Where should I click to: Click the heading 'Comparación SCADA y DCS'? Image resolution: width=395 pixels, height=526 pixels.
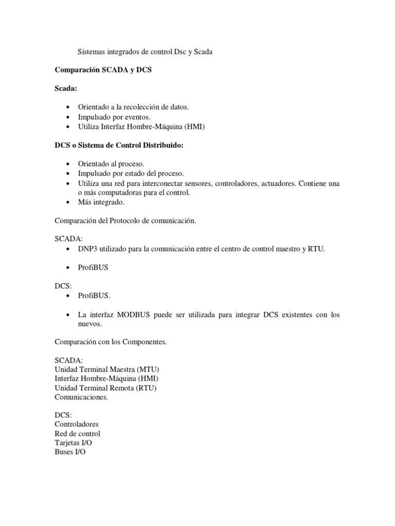[x=103, y=70]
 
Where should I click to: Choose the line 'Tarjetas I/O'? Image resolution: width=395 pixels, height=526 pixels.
[x=74, y=442]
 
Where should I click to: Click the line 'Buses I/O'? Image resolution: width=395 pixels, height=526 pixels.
[x=70, y=452]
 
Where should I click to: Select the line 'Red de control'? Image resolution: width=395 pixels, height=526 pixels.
[x=77, y=433]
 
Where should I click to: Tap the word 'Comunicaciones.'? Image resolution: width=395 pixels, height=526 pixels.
[x=81, y=397]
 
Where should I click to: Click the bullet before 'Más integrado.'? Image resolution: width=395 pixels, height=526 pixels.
[x=68, y=202]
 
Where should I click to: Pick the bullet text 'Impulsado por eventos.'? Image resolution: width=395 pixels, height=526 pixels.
[x=114, y=117]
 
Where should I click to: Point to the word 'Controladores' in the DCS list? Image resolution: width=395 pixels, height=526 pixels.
[x=77, y=424]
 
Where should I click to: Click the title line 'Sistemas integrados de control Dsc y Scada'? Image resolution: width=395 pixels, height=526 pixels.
[x=145, y=51]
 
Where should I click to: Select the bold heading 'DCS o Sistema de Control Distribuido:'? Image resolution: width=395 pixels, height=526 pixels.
[x=119, y=145]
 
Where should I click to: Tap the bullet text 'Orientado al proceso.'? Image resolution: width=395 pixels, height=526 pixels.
[x=107, y=163]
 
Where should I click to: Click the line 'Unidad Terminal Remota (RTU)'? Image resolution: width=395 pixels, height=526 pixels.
[x=105, y=388]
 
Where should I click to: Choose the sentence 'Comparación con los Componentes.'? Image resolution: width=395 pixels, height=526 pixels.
[x=111, y=342]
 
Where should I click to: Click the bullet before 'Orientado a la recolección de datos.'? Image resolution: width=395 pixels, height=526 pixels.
[x=68, y=107]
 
